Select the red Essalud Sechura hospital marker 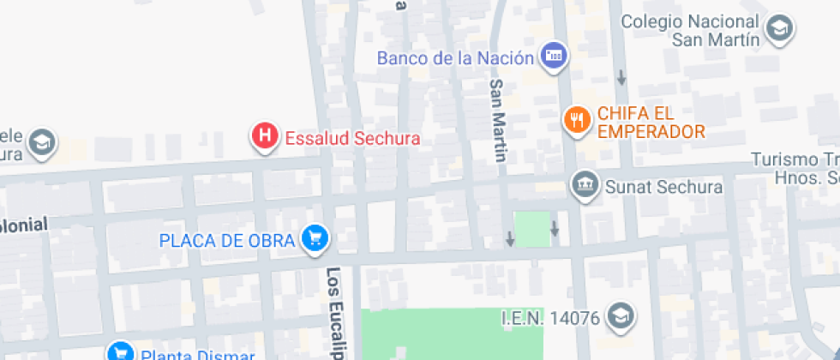tap(266, 135)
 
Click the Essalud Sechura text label tap(352, 138)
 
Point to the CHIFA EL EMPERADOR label tap(651, 122)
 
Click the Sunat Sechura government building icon tap(585, 185)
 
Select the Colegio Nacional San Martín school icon tap(780, 29)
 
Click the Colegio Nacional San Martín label tap(691, 30)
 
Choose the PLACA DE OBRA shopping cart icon tap(315, 239)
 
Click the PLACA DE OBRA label tap(227, 240)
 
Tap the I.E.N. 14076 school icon tap(619, 317)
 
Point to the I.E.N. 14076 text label tap(549, 318)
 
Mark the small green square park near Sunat tap(532, 229)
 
